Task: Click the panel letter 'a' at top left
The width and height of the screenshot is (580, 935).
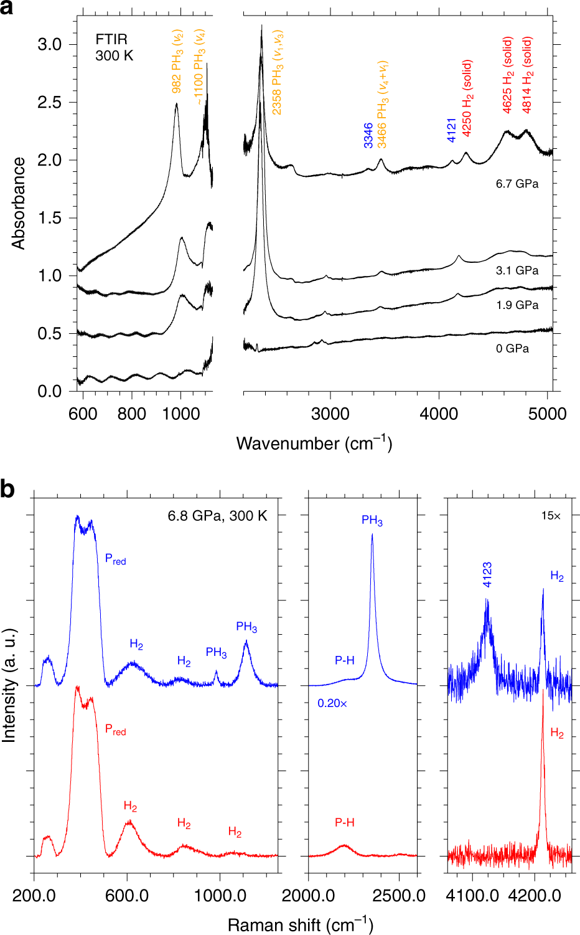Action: click(7, 9)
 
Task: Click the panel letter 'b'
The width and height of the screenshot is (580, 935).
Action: click(7, 490)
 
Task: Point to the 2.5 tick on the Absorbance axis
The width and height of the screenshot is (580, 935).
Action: click(49, 102)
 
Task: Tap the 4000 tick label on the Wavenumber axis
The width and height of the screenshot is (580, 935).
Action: click(439, 414)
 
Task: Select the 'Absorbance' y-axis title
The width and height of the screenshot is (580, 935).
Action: click(18, 203)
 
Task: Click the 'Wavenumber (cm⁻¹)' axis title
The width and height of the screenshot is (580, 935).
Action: click(314, 443)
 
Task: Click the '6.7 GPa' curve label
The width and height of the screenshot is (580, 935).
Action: click(517, 184)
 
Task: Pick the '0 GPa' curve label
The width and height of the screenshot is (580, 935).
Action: click(512, 349)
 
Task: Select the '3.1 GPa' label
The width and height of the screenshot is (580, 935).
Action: click(517, 271)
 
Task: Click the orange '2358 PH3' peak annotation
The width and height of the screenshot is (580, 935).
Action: click(277, 72)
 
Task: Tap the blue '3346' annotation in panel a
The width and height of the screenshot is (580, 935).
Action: click(368, 135)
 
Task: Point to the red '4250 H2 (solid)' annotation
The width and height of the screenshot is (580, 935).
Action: click(467, 98)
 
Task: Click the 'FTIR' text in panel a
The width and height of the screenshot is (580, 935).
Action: click(110, 39)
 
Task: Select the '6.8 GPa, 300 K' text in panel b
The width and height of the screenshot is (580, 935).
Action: click(217, 516)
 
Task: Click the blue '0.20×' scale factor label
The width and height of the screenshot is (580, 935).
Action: click(332, 703)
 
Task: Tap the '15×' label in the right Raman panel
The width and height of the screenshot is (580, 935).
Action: click(551, 516)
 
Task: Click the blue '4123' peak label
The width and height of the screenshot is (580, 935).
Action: click(487, 574)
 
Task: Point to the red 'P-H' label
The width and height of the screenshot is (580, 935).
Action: click(345, 822)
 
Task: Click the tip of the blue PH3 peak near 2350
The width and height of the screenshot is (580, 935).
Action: click(372, 534)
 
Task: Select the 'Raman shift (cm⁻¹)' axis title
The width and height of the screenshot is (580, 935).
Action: click(300, 924)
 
